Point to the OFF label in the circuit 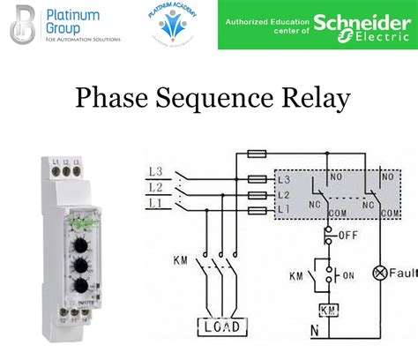point(347,236)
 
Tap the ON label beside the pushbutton point(348,275)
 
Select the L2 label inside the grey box point(284,193)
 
